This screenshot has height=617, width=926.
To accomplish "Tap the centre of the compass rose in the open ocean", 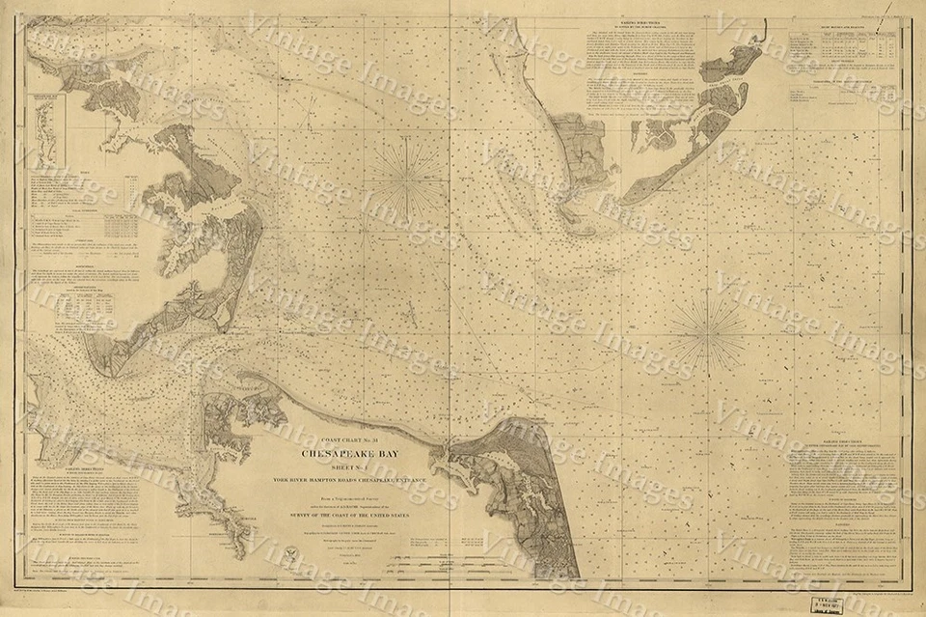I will point(707,332).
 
